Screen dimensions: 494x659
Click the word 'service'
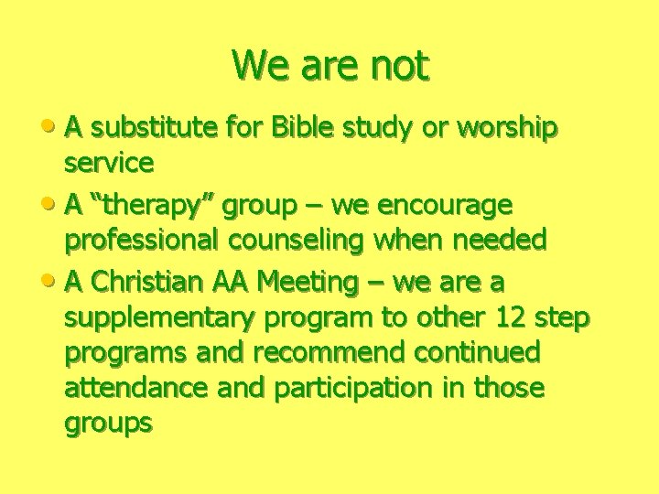click(x=109, y=163)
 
